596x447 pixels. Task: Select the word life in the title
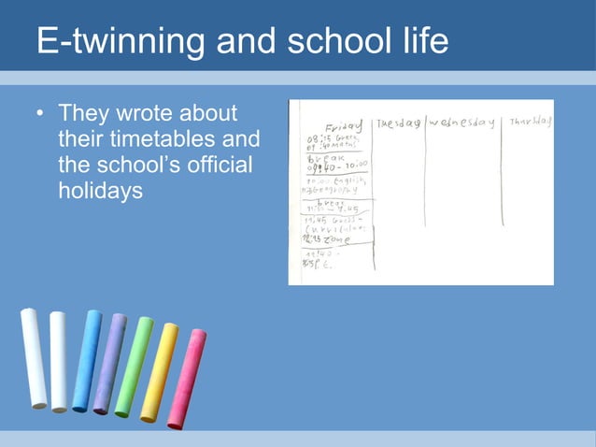[x=419, y=42]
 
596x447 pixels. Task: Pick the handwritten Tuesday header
[x=398, y=123]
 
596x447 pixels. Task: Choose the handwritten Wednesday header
[x=461, y=123]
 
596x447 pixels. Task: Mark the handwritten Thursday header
[x=531, y=122]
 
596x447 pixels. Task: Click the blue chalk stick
[x=86, y=361]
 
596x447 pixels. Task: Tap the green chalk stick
[x=134, y=367]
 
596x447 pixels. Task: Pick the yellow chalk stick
[x=159, y=372]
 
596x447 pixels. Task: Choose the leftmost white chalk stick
[x=34, y=358]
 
